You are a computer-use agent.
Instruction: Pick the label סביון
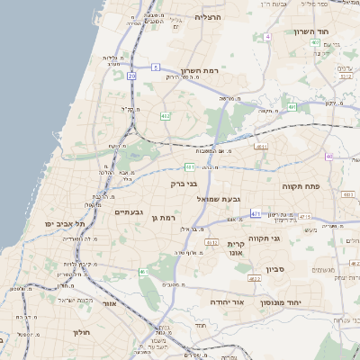tap(275, 268)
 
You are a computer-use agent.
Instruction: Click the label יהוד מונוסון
tap(293, 302)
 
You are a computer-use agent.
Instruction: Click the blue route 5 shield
tap(155, 67)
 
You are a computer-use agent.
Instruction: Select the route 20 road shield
tap(131, 76)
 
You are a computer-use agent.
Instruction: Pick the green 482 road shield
tap(166, 116)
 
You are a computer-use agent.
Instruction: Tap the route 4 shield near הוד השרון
tap(268, 37)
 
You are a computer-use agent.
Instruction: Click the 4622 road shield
tap(254, 279)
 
